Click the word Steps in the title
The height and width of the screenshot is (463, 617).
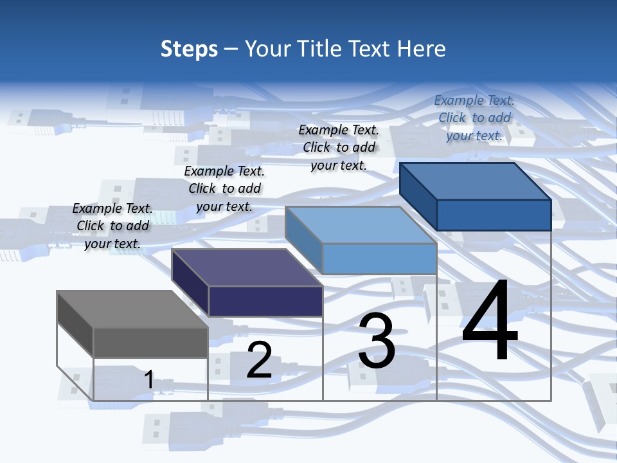point(189,49)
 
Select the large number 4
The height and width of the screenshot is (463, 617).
point(490,322)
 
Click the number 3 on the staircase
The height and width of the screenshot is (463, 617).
point(377,341)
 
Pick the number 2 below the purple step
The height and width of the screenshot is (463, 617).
point(259,360)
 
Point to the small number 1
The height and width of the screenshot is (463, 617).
point(149,380)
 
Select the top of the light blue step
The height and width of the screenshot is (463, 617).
point(361,225)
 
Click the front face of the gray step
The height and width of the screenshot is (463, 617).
point(150,343)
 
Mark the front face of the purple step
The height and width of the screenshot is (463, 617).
point(265,301)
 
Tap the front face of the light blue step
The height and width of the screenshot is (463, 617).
point(379,259)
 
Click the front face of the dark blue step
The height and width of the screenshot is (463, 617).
point(494,215)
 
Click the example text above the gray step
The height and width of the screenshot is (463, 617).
point(112,226)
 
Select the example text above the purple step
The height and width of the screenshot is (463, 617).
point(224,188)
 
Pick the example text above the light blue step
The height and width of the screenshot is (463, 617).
point(339,147)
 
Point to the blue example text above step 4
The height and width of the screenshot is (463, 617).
point(474,118)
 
